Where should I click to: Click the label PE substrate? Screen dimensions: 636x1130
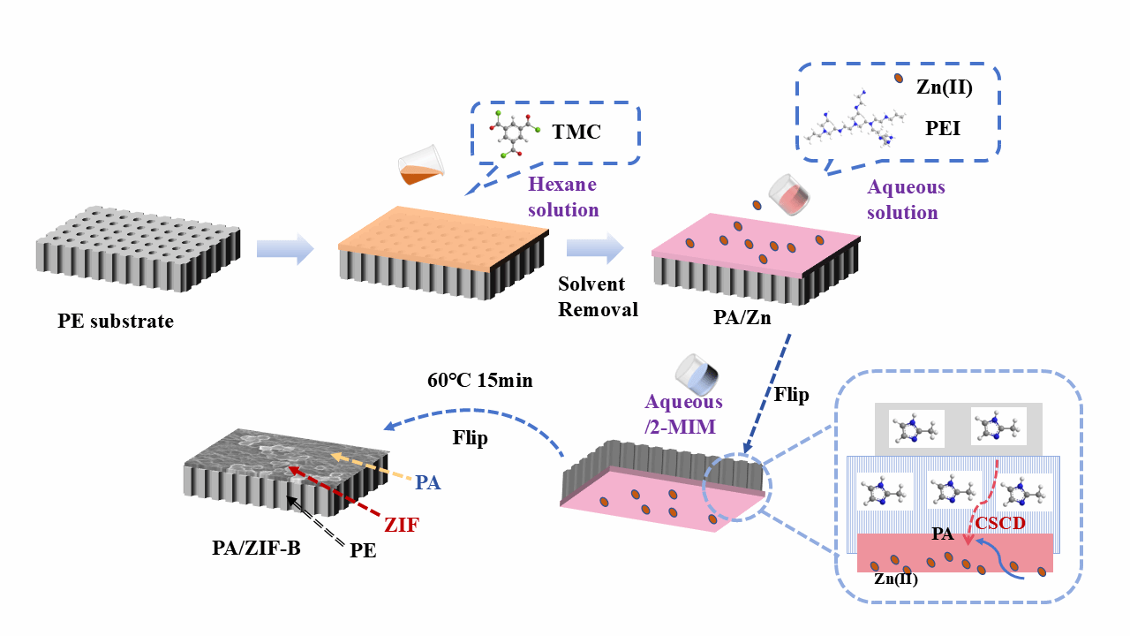point(116,321)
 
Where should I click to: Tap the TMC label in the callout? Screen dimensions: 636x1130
point(576,132)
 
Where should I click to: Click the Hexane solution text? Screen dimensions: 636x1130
point(562,197)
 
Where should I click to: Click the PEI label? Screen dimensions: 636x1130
point(942,129)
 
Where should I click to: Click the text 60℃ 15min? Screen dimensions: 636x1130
point(481,381)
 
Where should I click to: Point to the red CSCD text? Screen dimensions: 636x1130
point(999,524)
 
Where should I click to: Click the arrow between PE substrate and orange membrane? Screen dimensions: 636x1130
point(285,249)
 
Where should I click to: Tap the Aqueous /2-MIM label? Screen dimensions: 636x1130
point(684,413)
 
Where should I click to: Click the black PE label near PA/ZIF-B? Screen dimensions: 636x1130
point(363,550)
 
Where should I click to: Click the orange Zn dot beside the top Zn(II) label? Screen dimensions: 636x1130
point(899,79)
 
